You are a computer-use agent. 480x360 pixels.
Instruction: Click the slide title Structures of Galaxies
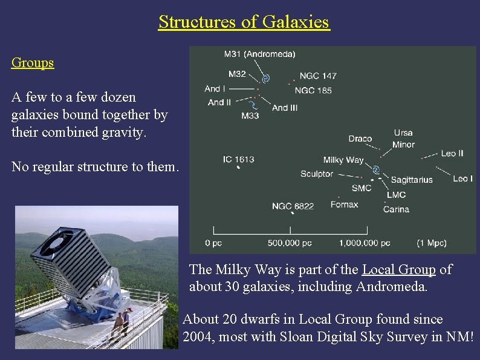coord(244,22)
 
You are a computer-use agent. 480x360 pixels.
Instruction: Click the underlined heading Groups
coord(33,63)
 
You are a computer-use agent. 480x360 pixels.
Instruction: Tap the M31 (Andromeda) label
coord(259,54)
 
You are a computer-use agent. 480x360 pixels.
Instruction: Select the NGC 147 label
coord(318,76)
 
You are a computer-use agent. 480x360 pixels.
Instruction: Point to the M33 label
coord(250,115)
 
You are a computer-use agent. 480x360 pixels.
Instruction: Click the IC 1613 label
coord(238,160)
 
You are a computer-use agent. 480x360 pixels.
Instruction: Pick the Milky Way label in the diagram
coord(343,160)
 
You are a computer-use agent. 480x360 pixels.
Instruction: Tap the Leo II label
coord(452,154)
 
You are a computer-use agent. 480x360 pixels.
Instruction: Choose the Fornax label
coord(344,205)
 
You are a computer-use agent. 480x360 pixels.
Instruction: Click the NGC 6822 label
coord(293,206)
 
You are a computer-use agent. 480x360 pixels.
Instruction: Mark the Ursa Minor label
coord(403,139)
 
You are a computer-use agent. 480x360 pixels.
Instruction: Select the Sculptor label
coord(317,174)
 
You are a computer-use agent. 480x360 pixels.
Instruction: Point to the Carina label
coord(396,209)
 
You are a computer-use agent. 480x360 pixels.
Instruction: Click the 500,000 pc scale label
coord(290,243)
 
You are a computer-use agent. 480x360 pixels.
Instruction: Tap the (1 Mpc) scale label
coord(431,243)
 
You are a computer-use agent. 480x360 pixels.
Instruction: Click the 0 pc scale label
coord(215,243)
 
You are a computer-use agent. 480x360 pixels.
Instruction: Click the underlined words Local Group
coord(398,270)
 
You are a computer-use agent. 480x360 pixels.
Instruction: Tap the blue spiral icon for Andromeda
coord(265,78)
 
